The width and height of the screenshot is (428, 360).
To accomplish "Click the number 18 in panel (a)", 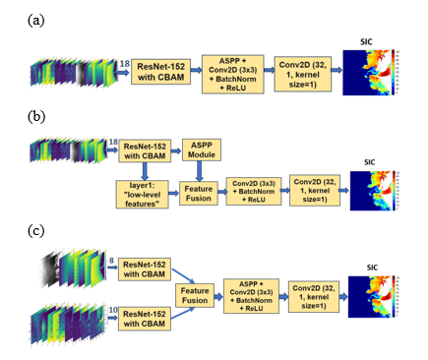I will pyautogui.click(x=123, y=62).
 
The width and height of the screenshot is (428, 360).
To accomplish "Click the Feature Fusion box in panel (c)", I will pyautogui.click(x=195, y=293).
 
